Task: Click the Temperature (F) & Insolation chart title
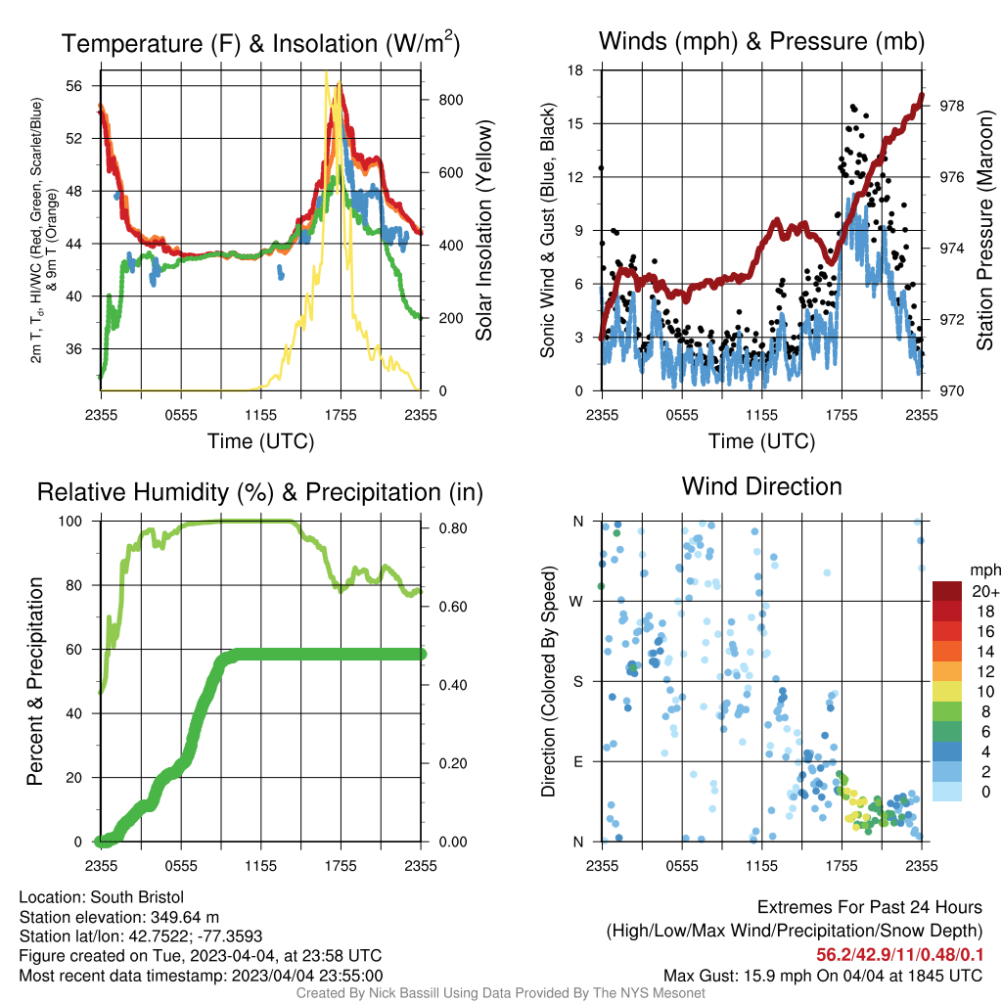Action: (x=260, y=43)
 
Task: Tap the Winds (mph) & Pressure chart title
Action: (x=761, y=41)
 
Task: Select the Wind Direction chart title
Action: (x=761, y=486)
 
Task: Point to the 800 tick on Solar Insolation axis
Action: (x=450, y=100)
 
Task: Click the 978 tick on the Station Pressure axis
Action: (x=951, y=106)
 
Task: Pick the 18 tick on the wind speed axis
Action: (x=575, y=69)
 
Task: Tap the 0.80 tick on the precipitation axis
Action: (x=453, y=528)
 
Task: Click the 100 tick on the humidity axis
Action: (x=70, y=521)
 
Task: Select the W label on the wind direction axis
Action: (x=576, y=602)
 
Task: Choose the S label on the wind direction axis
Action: (x=577, y=681)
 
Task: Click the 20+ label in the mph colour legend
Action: (x=985, y=591)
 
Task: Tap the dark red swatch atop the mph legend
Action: (x=947, y=591)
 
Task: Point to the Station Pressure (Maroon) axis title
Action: (x=984, y=230)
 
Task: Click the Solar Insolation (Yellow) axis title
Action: (x=483, y=230)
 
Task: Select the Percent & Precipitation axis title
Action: (x=34, y=681)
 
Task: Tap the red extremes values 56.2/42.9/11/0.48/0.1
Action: (x=899, y=955)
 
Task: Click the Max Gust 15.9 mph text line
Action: (x=822, y=976)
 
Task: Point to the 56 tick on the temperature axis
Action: (x=74, y=86)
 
